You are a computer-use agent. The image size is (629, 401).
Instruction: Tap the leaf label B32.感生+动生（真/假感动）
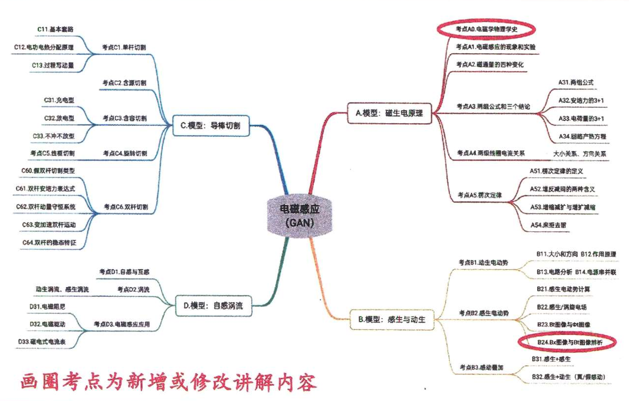pos(568,376)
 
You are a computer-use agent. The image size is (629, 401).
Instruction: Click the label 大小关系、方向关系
pos(580,154)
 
